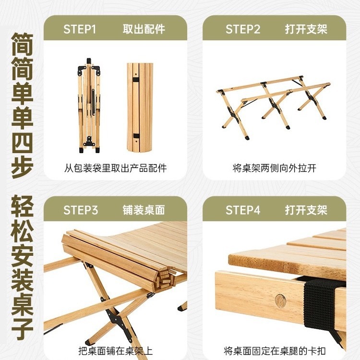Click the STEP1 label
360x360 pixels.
80,29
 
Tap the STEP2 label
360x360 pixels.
243,29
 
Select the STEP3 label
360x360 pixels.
81,210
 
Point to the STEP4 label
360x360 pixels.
243,210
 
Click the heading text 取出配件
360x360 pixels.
144,29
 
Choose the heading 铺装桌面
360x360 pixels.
144,210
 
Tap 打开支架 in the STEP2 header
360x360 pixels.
306,29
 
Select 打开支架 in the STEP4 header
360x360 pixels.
306,210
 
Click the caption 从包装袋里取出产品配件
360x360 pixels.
116,168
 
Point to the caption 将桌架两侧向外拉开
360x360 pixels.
275,168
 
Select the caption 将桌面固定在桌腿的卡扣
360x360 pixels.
275,350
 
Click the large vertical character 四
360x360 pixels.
22,138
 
